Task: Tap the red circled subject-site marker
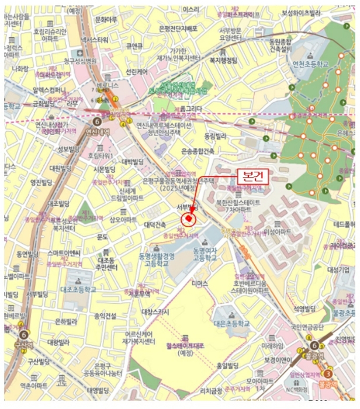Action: pyautogui.click(x=189, y=220)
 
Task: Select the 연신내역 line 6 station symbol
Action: pyautogui.click(x=96, y=122)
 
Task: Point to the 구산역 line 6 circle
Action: pyautogui.click(x=23, y=335)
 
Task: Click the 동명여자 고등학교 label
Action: pyautogui.click(x=209, y=254)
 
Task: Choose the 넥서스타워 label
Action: pyautogui.click(x=95, y=40)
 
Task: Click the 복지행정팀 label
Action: pyautogui.click(x=223, y=60)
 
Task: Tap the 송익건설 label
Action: pyautogui.click(x=105, y=316)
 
